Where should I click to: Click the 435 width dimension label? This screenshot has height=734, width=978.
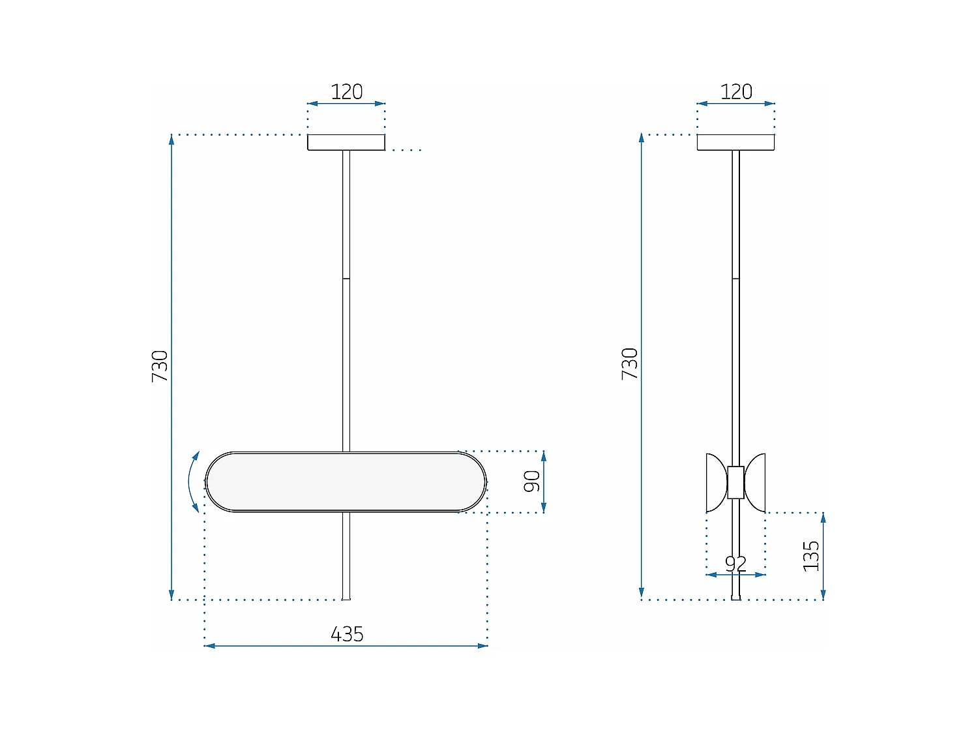(x=347, y=634)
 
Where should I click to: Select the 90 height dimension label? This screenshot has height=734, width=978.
(x=532, y=482)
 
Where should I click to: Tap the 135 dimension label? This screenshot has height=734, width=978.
(x=810, y=556)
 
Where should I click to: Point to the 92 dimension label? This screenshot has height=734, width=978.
(x=735, y=563)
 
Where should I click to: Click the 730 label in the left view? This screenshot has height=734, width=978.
(x=160, y=366)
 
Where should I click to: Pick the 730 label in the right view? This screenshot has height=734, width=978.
(x=629, y=363)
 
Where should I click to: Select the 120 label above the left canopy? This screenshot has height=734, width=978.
(x=346, y=92)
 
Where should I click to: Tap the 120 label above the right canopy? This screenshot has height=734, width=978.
(x=736, y=92)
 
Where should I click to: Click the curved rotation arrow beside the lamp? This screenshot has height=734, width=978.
(x=192, y=482)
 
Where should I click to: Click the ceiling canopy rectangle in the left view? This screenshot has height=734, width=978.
(x=346, y=142)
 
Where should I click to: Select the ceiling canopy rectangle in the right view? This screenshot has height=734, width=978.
(x=735, y=142)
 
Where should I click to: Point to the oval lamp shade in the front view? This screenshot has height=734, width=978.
(x=346, y=482)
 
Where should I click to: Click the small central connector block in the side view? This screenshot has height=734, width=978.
(x=735, y=482)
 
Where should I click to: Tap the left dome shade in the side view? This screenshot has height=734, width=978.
(x=717, y=483)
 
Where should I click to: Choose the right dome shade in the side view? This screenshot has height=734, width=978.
(x=756, y=483)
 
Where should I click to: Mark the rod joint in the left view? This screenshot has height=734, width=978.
(x=346, y=279)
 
